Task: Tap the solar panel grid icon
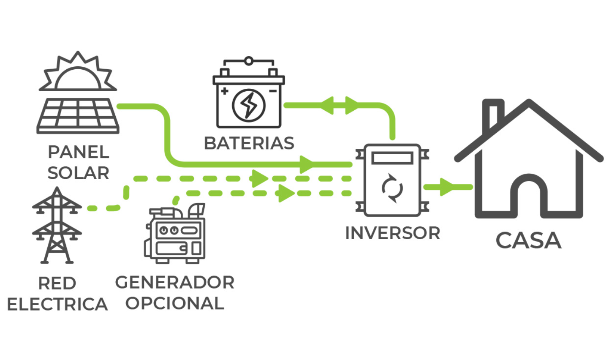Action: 78,116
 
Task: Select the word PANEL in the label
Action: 79,152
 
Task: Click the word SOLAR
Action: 79,173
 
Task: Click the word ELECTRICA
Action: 57,304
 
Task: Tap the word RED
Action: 57,284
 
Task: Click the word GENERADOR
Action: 175,283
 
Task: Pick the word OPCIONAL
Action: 175,303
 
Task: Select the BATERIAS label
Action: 249,144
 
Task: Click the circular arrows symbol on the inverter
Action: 392,188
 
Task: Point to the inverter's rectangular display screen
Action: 392,158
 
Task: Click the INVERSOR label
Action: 392,233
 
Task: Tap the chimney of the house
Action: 493,114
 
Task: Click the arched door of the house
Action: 529,196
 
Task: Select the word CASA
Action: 528,241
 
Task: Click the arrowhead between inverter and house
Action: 447,187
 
